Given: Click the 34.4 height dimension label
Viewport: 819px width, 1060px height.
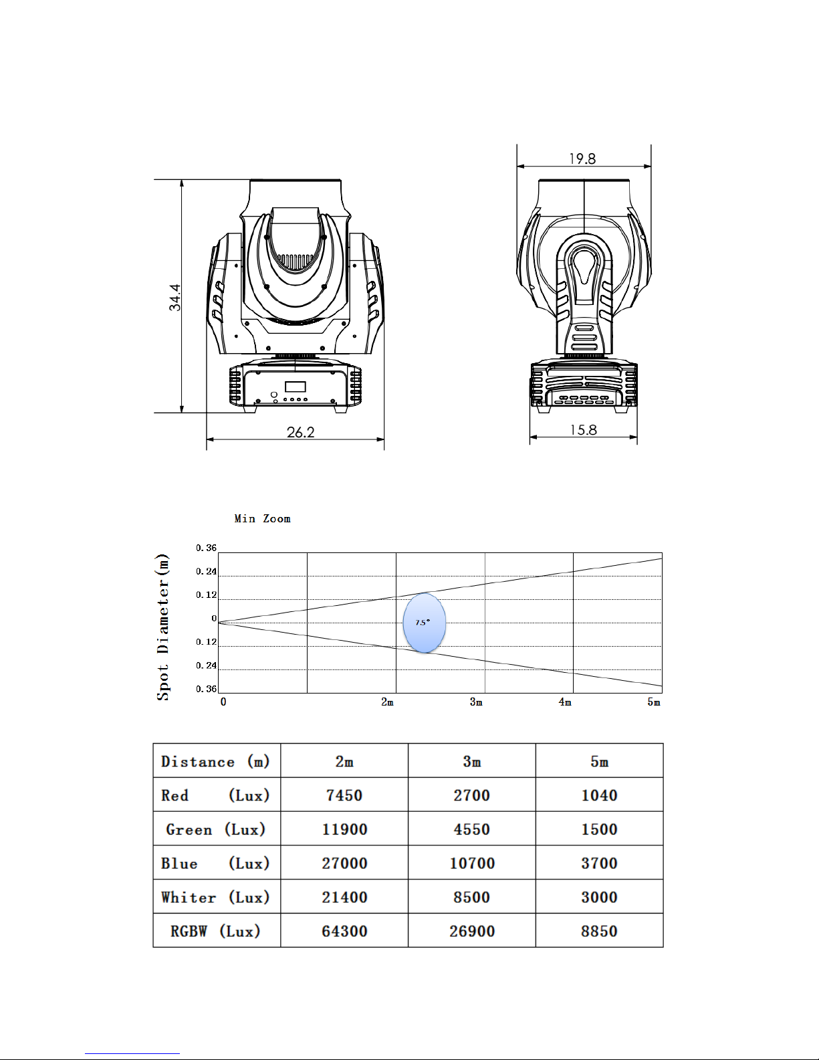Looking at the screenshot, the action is (175, 298).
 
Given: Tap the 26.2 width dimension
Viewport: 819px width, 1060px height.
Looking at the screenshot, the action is (300, 432).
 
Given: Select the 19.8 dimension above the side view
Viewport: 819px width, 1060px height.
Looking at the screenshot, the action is (582, 158).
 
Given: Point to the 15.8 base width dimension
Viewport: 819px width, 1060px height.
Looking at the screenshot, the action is (584, 430).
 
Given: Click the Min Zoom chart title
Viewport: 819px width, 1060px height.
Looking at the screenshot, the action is (262, 518).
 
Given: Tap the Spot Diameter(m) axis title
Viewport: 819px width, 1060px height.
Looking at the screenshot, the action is (163, 627).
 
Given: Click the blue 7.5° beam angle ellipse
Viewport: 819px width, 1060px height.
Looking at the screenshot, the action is (424, 623).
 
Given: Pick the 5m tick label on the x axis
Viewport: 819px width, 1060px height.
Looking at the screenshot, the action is (654, 702).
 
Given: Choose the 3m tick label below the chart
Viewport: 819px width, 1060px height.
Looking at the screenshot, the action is (476, 702).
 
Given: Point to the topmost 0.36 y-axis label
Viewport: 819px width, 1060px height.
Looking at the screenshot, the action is (206, 548).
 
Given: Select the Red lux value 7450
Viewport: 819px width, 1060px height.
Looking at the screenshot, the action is (344, 796).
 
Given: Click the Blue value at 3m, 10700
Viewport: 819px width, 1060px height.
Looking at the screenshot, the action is (472, 863).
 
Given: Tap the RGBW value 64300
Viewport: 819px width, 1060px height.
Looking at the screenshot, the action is (344, 931).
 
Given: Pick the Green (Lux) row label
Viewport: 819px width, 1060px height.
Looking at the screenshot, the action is (216, 829).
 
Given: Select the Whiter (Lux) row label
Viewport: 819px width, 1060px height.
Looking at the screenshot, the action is (215, 897).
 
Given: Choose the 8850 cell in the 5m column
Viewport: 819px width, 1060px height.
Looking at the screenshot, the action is (599, 931).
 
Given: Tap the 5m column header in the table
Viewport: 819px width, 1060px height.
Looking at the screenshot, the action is (599, 762).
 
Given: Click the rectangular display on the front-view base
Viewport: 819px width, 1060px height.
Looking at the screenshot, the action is (295, 387).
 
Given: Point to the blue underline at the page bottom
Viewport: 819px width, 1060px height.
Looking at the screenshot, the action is (132, 1054).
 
